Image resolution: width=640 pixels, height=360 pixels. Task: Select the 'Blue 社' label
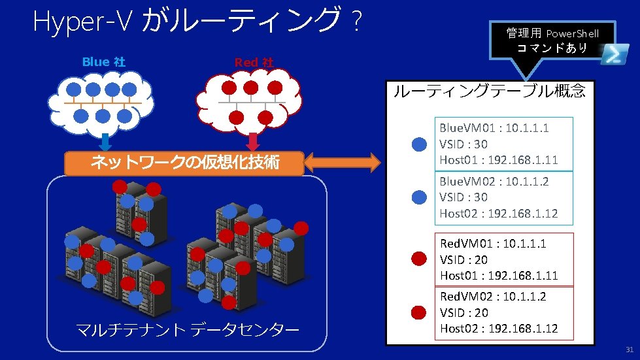pos(104,62)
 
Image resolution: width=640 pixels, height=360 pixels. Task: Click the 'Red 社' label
pos(254,63)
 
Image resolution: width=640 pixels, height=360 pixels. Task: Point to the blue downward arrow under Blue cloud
pos(105,142)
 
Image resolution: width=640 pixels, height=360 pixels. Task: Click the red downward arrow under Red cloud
pos(253,141)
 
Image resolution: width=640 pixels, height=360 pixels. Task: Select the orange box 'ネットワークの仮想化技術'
pos(184,163)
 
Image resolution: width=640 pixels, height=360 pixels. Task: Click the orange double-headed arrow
pos(342,163)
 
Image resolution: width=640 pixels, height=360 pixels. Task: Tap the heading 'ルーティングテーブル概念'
pos(489,91)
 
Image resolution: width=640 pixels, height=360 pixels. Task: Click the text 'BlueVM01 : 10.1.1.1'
pos(494,127)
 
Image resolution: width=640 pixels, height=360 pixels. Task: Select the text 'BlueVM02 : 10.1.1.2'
pos(494,181)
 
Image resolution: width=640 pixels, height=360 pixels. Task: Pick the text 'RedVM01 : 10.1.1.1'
pos(493,243)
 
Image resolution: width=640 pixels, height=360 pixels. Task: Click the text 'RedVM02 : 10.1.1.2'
pos(493,297)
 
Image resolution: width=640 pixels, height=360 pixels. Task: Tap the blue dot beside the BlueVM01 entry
pos(420,144)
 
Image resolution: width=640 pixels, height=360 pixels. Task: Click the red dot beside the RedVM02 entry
pos(420,312)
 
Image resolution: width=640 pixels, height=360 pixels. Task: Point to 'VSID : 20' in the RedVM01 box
pos(464,259)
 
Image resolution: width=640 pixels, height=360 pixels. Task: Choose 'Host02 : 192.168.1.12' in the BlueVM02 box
pos(498,213)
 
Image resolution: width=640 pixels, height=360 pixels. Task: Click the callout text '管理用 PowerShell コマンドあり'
pos(552,41)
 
